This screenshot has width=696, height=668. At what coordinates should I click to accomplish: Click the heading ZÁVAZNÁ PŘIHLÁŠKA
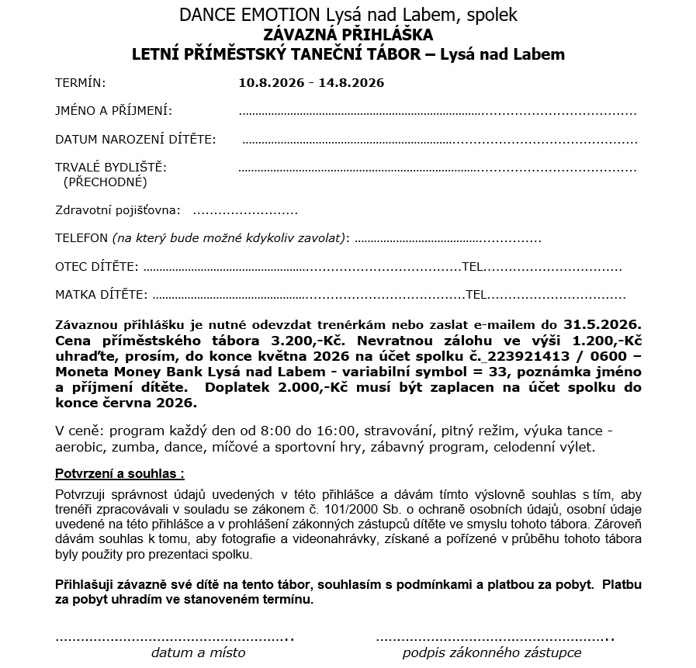click(x=348, y=35)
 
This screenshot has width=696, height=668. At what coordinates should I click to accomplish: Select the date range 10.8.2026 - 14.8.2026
click(x=312, y=82)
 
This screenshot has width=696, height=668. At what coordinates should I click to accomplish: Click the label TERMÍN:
click(x=80, y=82)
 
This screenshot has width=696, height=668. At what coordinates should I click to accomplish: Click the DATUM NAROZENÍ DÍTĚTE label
click(x=135, y=140)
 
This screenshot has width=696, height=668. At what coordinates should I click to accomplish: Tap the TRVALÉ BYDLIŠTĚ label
click(x=110, y=167)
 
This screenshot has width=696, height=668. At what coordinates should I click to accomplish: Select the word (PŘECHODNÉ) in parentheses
click(x=105, y=182)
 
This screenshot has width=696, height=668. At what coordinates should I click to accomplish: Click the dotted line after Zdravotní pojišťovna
click(x=244, y=210)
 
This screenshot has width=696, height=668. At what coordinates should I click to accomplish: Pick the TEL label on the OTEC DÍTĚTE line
click(x=473, y=267)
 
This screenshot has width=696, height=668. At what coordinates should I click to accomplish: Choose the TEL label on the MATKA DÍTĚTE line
click(x=476, y=295)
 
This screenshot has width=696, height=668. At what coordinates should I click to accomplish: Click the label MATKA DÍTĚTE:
click(x=101, y=295)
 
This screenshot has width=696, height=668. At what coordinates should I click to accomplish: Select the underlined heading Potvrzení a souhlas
click(x=119, y=473)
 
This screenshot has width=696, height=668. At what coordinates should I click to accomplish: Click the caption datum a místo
click(x=198, y=652)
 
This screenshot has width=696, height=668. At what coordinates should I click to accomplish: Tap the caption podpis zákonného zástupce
click(x=491, y=652)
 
